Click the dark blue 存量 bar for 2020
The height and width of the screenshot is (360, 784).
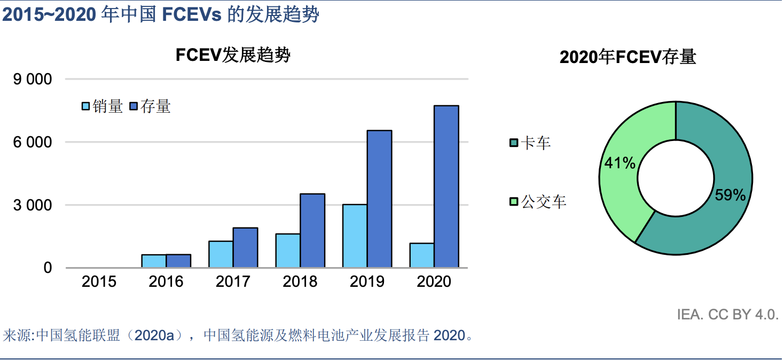446,186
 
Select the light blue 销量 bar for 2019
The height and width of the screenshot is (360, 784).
355,236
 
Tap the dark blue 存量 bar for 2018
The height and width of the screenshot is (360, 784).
312,230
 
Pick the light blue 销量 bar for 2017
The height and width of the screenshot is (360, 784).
221,254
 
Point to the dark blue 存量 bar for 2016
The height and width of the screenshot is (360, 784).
178,261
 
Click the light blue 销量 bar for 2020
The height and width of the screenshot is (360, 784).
422,255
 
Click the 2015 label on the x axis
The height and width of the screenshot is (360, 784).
99,281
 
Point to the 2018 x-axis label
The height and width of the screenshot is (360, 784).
300,281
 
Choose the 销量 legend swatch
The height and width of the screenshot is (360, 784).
86,106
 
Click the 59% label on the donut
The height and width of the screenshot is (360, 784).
730,195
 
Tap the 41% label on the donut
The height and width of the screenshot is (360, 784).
620,163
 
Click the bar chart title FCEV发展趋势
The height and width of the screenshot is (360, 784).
233,55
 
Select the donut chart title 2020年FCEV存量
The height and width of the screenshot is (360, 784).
628,57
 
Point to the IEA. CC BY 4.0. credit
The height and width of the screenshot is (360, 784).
727,315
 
